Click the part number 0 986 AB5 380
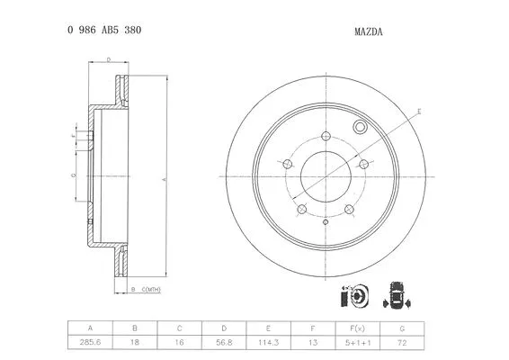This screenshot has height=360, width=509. click(x=103, y=30)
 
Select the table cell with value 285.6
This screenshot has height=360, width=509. click(x=90, y=344)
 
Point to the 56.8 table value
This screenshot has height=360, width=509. click(x=225, y=344)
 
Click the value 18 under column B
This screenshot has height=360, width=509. click(x=135, y=344)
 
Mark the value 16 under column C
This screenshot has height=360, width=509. click(x=180, y=344)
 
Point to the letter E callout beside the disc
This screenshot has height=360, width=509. click(x=419, y=111)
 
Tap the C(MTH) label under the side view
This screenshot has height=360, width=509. click(x=150, y=289)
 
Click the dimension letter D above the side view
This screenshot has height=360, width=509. click(x=108, y=59)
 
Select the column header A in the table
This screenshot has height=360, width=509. click(x=90, y=328)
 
